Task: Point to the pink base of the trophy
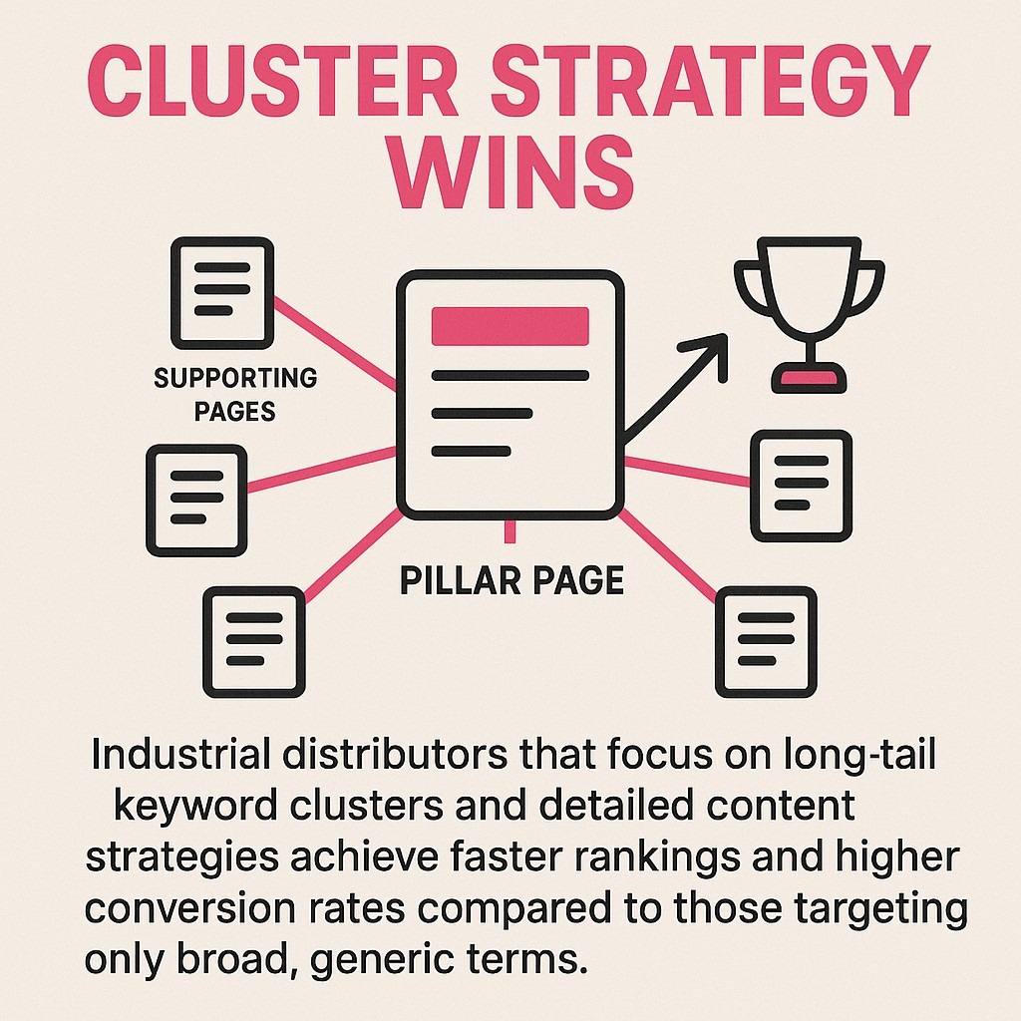[x=809, y=378]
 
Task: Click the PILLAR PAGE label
[x=511, y=580]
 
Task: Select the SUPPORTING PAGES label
[x=235, y=394]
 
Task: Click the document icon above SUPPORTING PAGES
[x=221, y=292]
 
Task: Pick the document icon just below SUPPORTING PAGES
[x=196, y=500]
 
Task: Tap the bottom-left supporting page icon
[x=253, y=641]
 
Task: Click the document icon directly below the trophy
[x=801, y=486]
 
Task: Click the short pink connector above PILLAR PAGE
[x=510, y=532]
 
